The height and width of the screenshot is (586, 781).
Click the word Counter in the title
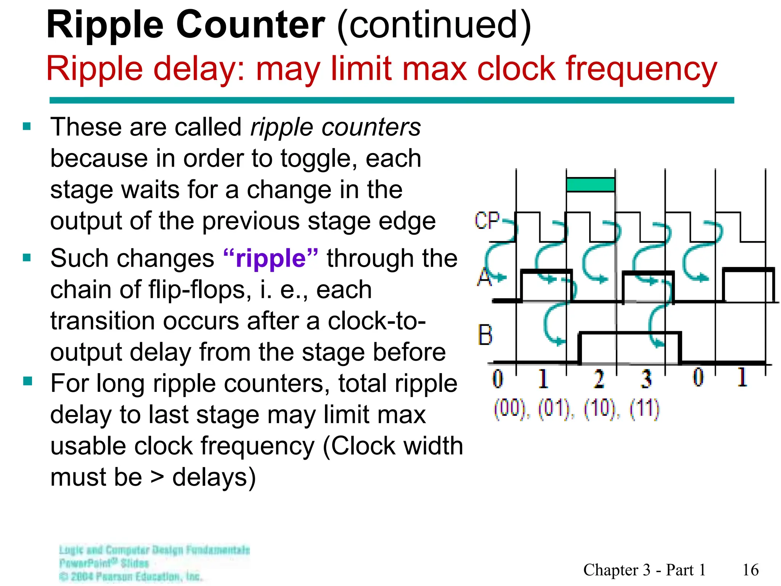(251, 25)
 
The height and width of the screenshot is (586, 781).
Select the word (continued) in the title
(434, 25)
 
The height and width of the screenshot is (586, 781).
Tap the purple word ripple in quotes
(271, 259)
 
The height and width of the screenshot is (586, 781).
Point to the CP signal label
(487, 221)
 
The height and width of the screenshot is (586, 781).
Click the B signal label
(485, 335)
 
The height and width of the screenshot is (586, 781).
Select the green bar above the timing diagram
(590, 185)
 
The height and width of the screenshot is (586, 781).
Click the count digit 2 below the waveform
(599, 379)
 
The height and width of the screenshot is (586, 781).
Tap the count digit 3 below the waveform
(646, 379)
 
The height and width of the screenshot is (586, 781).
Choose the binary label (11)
(644, 409)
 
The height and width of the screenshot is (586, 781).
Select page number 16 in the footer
(750, 570)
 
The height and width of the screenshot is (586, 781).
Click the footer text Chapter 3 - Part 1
(644, 570)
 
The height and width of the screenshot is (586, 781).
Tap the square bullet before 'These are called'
(27, 126)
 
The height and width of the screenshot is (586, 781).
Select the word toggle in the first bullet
(318, 159)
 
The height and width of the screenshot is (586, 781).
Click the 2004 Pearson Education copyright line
(132, 576)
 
